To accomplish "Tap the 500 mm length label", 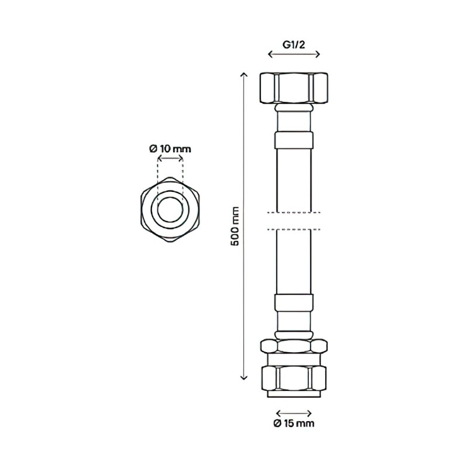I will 235,226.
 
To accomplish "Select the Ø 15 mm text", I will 294,424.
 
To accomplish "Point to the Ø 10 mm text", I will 170,149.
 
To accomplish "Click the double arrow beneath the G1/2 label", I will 294,54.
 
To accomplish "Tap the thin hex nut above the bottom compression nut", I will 294,345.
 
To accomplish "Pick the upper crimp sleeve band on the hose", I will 294,140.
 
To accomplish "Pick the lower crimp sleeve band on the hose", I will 294,303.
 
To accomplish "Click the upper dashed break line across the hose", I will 294,212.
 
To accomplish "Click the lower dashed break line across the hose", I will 294,229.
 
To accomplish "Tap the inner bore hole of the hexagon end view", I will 170,209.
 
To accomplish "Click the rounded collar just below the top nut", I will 294,109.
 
